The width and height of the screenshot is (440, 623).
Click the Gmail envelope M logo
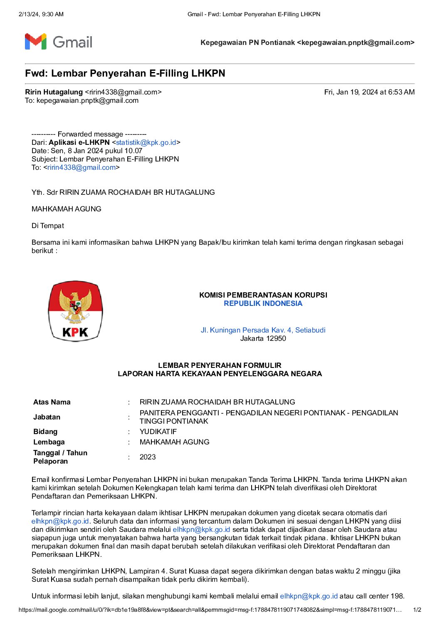click(x=35, y=42)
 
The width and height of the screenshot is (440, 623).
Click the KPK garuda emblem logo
click(x=75, y=311)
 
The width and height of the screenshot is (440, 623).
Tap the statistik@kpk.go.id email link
click(x=146, y=142)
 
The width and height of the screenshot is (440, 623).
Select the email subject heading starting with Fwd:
click(x=125, y=74)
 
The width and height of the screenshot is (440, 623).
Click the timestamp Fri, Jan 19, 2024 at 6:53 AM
click(x=369, y=92)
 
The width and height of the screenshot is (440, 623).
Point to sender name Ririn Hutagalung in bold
click(x=54, y=92)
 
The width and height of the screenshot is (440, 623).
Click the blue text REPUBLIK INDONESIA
click(x=263, y=303)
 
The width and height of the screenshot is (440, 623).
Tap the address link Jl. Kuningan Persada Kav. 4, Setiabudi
click(x=263, y=330)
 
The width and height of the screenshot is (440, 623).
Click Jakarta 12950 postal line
click(x=263, y=338)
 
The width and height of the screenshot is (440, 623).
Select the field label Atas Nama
click(x=52, y=402)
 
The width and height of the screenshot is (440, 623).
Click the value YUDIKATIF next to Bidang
click(x=158, y=432)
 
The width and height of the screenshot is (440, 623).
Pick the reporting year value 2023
click(x=148, y=457)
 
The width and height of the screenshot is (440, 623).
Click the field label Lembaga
click(x=49, y=442)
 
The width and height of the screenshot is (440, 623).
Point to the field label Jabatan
click(x=47, y=417)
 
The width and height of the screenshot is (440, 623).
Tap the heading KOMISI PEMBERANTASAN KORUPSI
click(x=263, y=295)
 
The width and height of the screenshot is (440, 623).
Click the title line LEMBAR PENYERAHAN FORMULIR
click(x=220, y=365)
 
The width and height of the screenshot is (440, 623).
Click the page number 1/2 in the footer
click(x=417, y=610)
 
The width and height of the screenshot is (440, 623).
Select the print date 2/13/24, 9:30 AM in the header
click(x=41, y=14)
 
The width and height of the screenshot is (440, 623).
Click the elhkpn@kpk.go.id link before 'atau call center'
click(x=309, y=596)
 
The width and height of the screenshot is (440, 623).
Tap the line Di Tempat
click(x=48, y=226)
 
